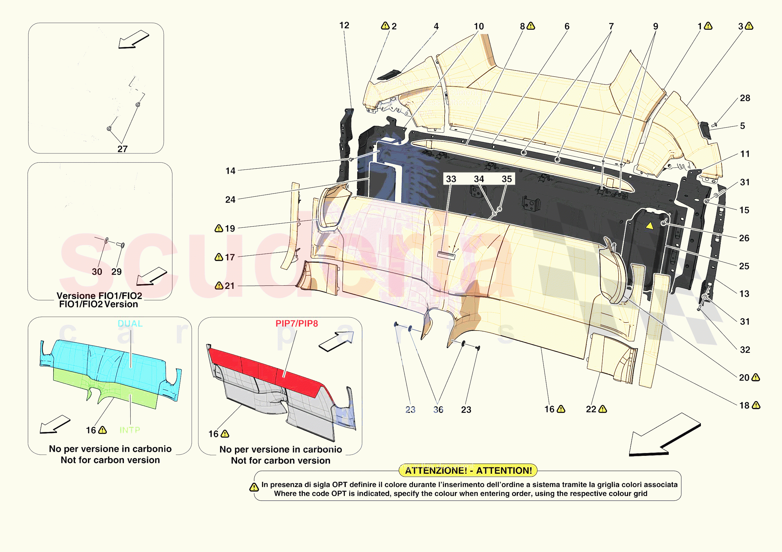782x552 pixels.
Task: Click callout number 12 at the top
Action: coord(344,26)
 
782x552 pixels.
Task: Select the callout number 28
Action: coord(745,98)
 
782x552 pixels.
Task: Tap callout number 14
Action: coord(230,171)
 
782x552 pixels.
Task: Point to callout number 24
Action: coord(230,199)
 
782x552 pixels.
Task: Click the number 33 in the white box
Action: coord(451,179)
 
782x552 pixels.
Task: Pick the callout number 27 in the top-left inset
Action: coord(122,149)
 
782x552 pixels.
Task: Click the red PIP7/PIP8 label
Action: coord(297,323)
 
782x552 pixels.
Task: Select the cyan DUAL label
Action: coord(130,323)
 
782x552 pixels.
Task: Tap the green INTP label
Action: coord(130,430)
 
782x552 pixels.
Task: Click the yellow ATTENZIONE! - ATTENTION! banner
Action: coord(468,470)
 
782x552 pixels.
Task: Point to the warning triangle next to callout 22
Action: coord(602,409)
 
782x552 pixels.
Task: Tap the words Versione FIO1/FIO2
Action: coord(99,295)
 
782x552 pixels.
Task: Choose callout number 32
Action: coord(745,349)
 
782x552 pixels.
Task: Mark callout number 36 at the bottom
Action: coord(438,409)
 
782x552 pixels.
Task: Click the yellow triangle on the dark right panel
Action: coord(649,226)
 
